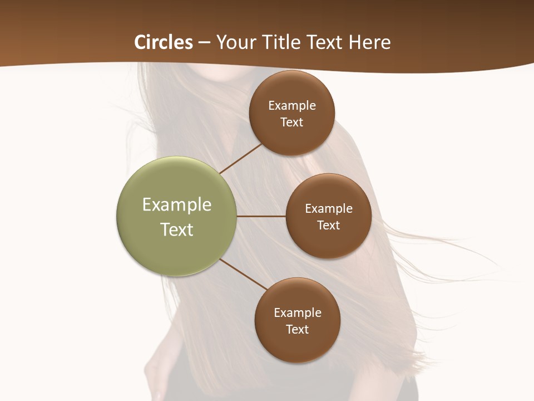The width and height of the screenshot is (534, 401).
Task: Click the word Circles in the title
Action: [x=164, y=42]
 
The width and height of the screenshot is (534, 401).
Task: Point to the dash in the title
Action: [x=204, y=43]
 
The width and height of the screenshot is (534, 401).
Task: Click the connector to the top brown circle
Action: [x=241, y=158]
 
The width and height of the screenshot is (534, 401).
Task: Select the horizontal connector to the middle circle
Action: [x=261, y=216]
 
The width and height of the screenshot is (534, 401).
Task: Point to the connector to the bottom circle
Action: [x=244, y=274]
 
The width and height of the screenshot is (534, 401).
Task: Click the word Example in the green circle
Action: [x=177, y=205]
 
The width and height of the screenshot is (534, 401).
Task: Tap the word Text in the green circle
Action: [x=177, y=229]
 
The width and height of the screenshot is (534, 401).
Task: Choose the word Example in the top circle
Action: [x=292, y=106]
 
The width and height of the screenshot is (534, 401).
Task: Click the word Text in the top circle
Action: [x=292, y=123]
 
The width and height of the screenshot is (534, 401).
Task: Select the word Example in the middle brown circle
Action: [x=329, y=209]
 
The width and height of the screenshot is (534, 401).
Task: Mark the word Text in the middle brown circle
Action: [x=329, y=226]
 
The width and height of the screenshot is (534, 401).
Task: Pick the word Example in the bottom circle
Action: [x=298, y=313]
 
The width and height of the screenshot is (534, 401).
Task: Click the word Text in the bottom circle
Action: [x=298, y=330]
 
